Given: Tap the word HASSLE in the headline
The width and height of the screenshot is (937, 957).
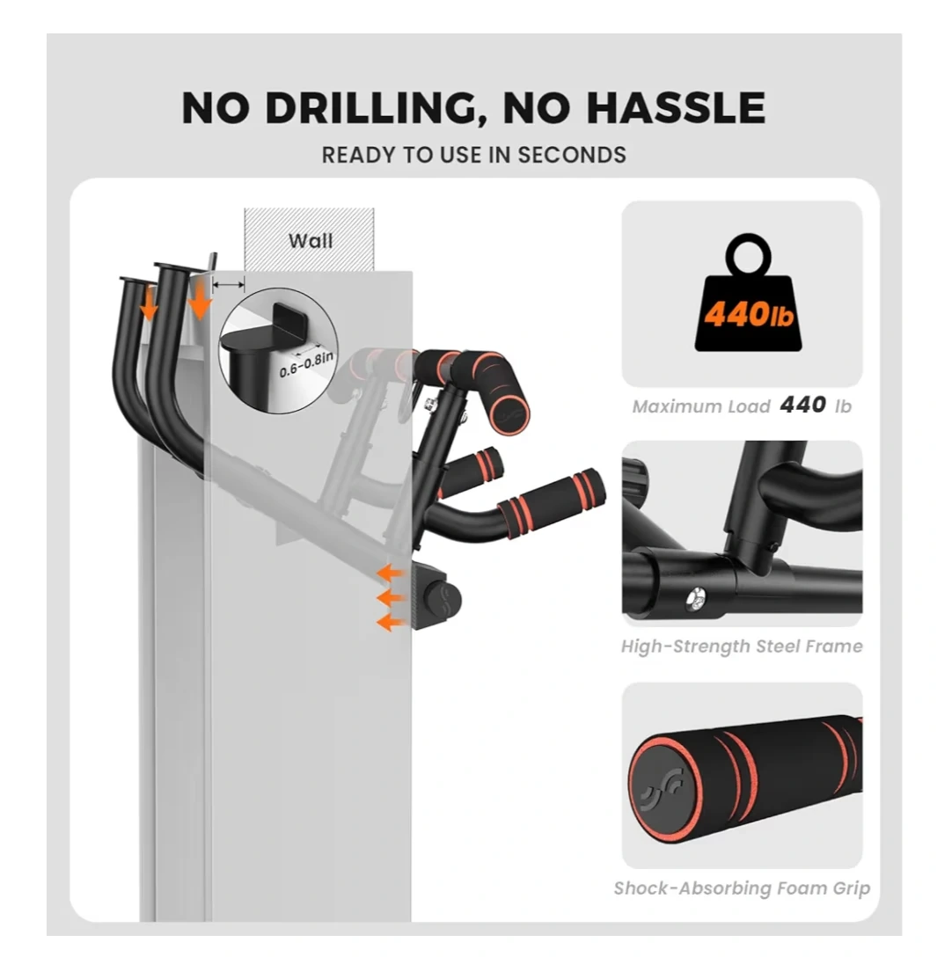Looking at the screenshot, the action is pyautogui.click(x=677, y=108).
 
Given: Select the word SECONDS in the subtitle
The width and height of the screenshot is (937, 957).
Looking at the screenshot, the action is pyautogui.click(x=571, y=155).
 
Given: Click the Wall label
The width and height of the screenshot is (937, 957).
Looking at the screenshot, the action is pyautogui.click(x=310, y=240).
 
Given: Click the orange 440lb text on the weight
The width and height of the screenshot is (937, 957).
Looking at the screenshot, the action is pyautogui.click(x=749, y=315).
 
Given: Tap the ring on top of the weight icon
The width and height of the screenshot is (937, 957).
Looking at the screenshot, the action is pyautogui.click(x=749, y=255).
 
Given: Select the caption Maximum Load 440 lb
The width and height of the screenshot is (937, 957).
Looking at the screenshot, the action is pyautogui.click(x=742, y=405).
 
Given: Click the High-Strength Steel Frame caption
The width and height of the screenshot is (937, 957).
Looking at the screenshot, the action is pyautogui.click(x=742, y=646).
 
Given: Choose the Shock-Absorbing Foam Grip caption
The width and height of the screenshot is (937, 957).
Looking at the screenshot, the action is pyautogui.click(x=742, y=888).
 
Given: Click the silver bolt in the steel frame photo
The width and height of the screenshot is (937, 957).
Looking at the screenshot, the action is pyautogui.click(x=696, y=599).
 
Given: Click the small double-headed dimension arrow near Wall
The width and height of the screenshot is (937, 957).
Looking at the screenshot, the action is pyautogui.click(x=228, y=284).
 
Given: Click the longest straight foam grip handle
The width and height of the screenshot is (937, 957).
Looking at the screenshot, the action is pyautogui.click(x=552, y=500).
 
